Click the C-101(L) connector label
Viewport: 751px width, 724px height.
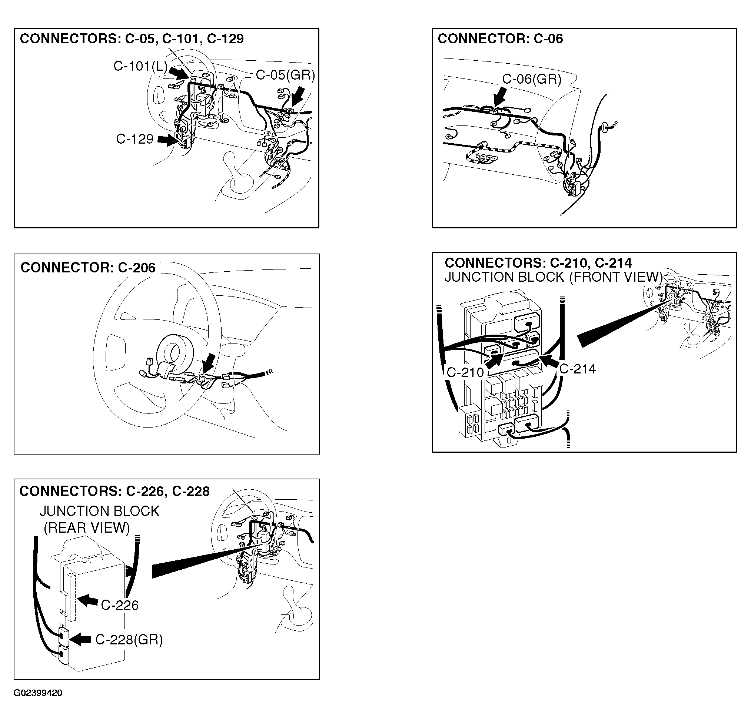pos(141,67)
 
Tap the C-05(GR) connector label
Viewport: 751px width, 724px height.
pos(285,75)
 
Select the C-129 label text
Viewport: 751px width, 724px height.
pos(135,138)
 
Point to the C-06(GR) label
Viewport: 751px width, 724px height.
pos(532,79)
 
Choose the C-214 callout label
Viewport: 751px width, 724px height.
pos(578,369)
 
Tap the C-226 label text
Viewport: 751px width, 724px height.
pos(120,605)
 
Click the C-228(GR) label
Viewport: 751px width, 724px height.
pos(129,639)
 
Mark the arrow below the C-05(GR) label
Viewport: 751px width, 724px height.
pos(298,96)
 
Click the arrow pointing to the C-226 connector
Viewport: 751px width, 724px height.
pos(87,600)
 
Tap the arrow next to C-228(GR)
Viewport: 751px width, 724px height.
pos(80,638)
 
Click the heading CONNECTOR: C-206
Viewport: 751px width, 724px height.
pos(88,268)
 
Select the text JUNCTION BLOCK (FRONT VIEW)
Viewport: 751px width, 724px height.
pos(553,277)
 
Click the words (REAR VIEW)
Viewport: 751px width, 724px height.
pos(87,528)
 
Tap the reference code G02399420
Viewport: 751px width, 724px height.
pos(38,693)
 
